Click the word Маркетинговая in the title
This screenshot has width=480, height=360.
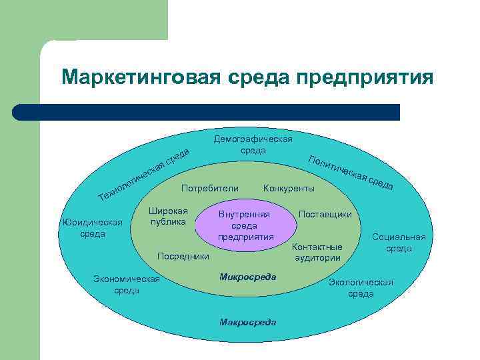click(137, 77)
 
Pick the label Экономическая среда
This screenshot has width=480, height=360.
click(127, 285)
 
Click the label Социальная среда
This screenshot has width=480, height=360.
click(399, 243)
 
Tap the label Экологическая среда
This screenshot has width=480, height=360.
click(361, 287)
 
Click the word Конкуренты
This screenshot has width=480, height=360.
click(289, 189)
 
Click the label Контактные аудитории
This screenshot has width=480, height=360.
click(317, 252)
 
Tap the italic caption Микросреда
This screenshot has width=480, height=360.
click(247, 276)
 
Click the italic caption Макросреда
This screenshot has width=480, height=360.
click(247, 322)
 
